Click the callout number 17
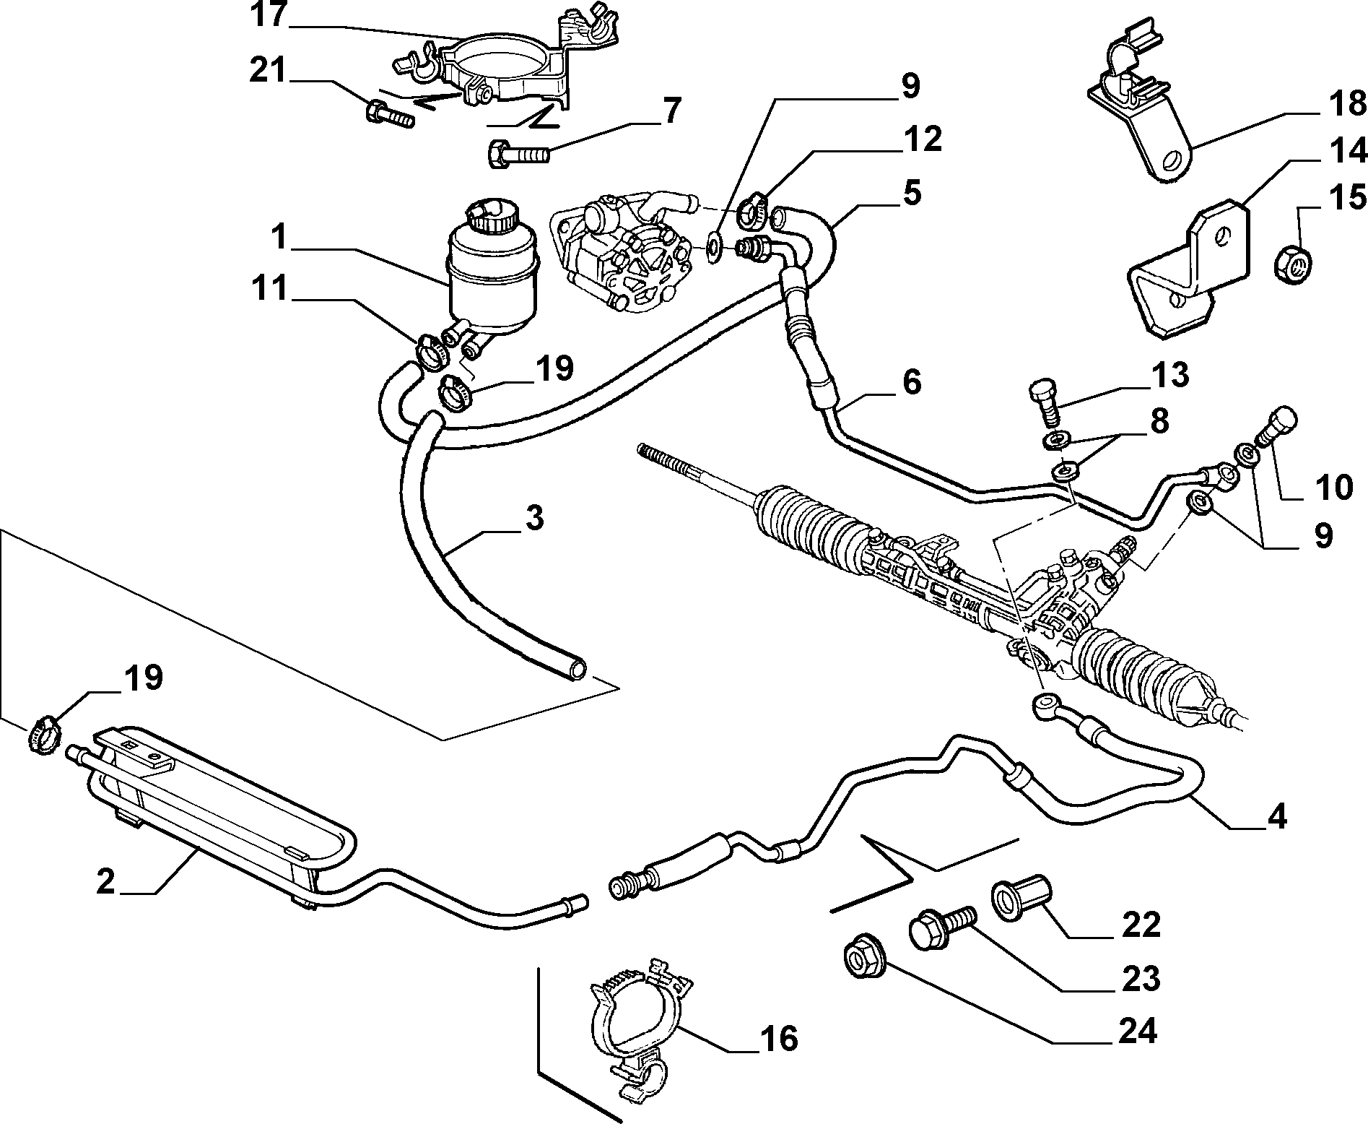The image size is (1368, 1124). [x=269, y=16]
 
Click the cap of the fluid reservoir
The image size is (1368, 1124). [x=489, y=216]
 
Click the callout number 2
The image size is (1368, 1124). [x=106, y=882]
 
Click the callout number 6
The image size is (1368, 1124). [x=912, y=382]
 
